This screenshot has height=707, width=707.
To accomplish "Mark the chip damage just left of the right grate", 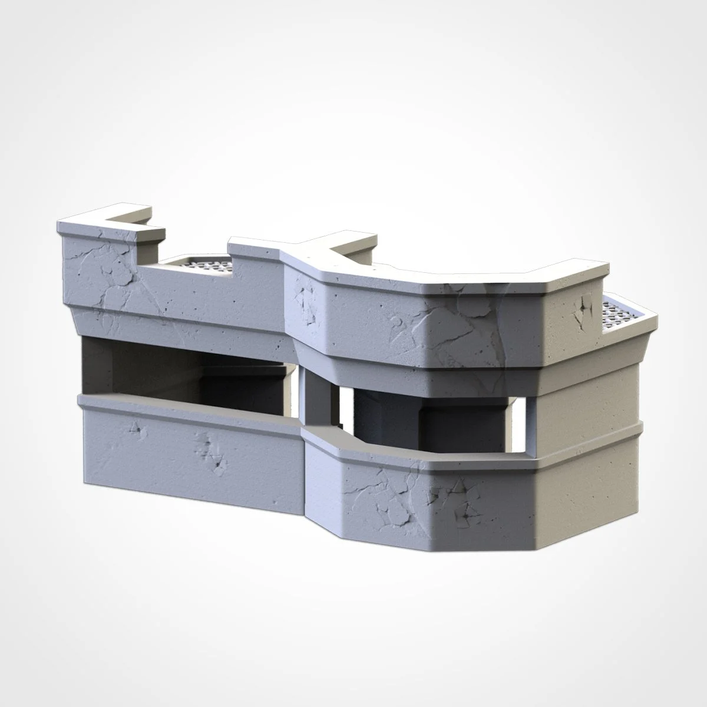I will [x=582, y=306].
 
